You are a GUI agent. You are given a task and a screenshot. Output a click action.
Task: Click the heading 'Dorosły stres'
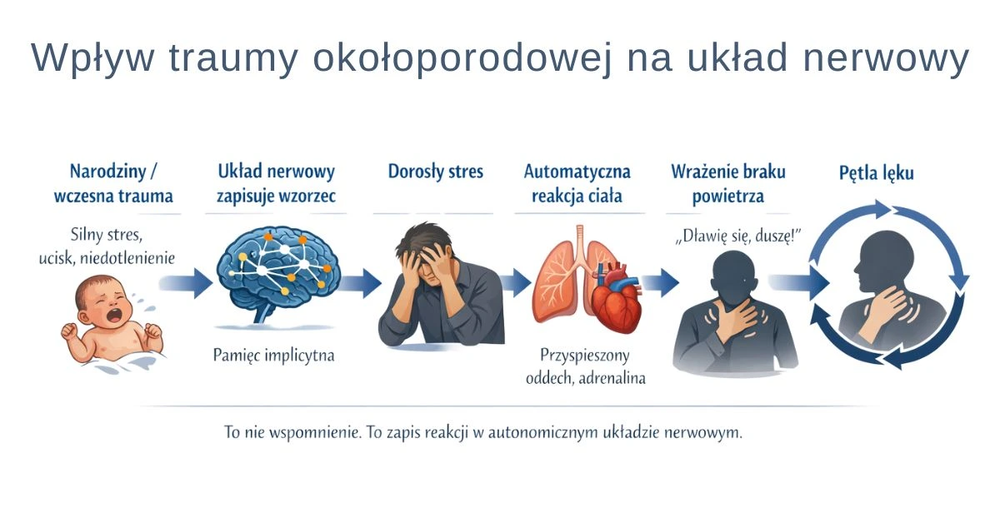[x=436, y=172]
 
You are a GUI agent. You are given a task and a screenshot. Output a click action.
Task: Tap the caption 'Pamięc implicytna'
[x=273, y=356]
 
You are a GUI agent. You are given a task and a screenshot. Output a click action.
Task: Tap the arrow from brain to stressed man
[x=360, y=283]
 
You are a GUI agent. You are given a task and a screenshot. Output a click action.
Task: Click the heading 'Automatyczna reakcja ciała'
[x=577, y=184]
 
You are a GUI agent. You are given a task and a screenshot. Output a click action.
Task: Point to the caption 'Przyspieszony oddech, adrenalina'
[x=585, y=366]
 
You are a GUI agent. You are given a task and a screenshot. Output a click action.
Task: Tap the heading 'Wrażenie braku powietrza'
[x=728, y=184]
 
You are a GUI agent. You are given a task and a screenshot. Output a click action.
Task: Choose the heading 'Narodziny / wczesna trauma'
[x=113, y=184]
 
